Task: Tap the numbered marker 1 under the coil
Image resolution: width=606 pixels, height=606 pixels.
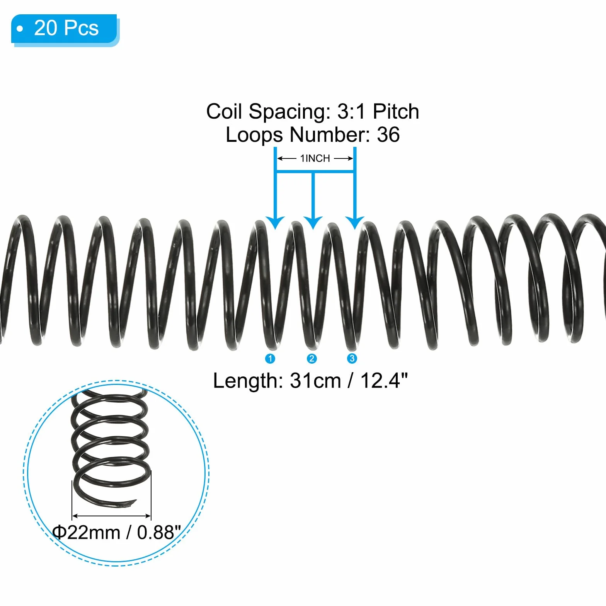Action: click(270, 359)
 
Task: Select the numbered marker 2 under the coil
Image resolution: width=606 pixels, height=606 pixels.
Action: click(312, 359)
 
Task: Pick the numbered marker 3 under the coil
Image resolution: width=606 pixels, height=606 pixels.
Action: click(352, 358)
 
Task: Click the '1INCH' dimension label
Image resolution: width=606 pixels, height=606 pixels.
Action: click(315, 158)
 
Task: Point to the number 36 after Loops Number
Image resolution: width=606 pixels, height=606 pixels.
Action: click(388, 135)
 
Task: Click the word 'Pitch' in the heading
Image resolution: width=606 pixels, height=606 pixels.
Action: click(396, 112)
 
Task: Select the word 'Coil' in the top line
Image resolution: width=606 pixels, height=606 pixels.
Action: click(224, 112)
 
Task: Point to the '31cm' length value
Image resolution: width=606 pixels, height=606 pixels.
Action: click(315, 381)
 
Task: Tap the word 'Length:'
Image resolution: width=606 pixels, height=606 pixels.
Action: click(248, 381)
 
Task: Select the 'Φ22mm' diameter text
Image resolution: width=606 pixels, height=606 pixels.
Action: click(86, 533)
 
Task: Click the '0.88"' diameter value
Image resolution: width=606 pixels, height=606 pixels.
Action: click(159, 532)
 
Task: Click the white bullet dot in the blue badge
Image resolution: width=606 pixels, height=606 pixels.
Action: click(20, 29)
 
